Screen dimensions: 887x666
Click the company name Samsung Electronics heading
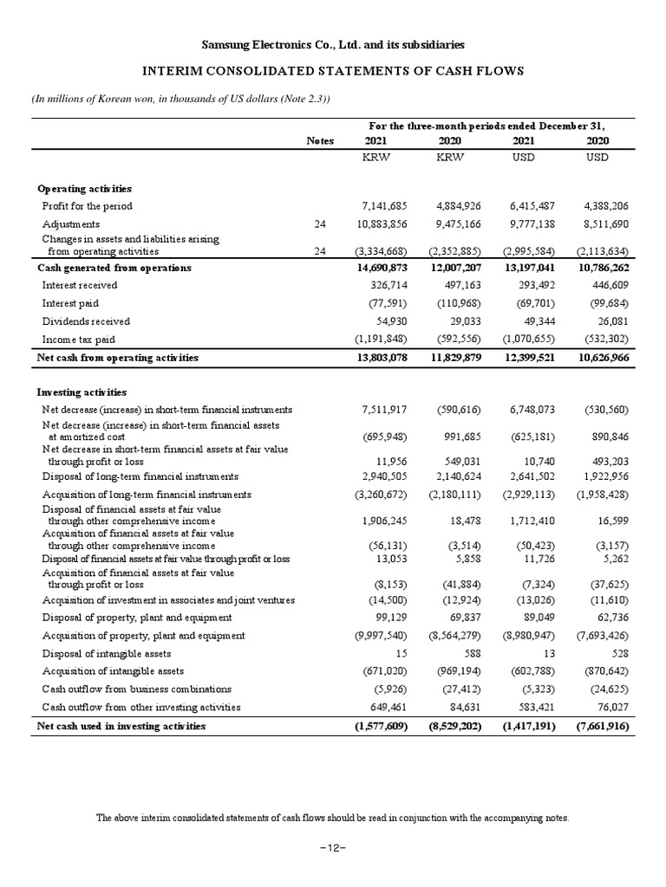(332, 43)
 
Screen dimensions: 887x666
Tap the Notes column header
(320, 140)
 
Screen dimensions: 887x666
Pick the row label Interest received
(82, 285)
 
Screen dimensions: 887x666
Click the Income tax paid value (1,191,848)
(378, 340)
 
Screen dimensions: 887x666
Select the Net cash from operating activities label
(118, 357)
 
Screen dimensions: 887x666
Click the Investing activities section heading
(82, 392)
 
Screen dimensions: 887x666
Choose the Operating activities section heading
(84, 188)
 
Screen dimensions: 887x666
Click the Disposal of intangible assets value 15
(402, 654)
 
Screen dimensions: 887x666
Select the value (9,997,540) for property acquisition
(378, 636)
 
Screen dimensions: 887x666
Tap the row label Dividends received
(86, 321)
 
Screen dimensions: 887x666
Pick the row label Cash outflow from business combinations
(137, 690)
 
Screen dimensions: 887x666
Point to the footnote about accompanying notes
(332, 818)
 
